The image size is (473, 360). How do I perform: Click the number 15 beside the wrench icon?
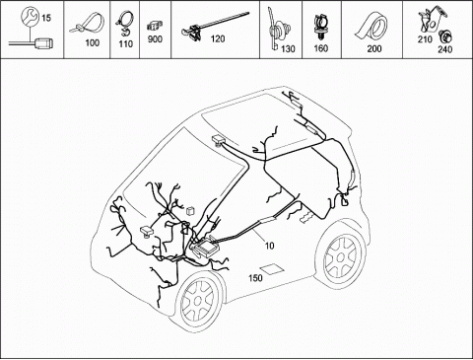click(x=46, y=18)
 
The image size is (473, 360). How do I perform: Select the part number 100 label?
click(x=93, y=42)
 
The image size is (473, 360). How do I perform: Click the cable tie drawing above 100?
click(x=88, y=23)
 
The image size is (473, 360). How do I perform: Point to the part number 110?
click(x=125, y=44)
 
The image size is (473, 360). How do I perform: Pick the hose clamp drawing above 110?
click(x=124, y=23)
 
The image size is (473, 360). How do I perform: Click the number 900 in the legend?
click(x=155, y=39)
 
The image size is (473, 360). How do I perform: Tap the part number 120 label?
click(x=218, y=39)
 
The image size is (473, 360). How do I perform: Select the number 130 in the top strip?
click(x=288, y=49)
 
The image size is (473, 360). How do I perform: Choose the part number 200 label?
click(x=374, y=49)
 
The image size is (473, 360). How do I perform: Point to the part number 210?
click(x=425, y=39)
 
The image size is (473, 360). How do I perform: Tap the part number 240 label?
click(x=445, y=49)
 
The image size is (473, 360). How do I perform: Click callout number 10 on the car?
click(x=269, y=246)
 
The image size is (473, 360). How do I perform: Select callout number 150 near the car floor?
click(x=255, y=278)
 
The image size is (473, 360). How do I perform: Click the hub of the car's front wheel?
click(x=197, y=301)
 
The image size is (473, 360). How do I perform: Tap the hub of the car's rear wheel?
click(x=341, y=256)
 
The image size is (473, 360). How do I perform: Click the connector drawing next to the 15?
click(x=42, y=43)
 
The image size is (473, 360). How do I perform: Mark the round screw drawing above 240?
click(x=446, y=36)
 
